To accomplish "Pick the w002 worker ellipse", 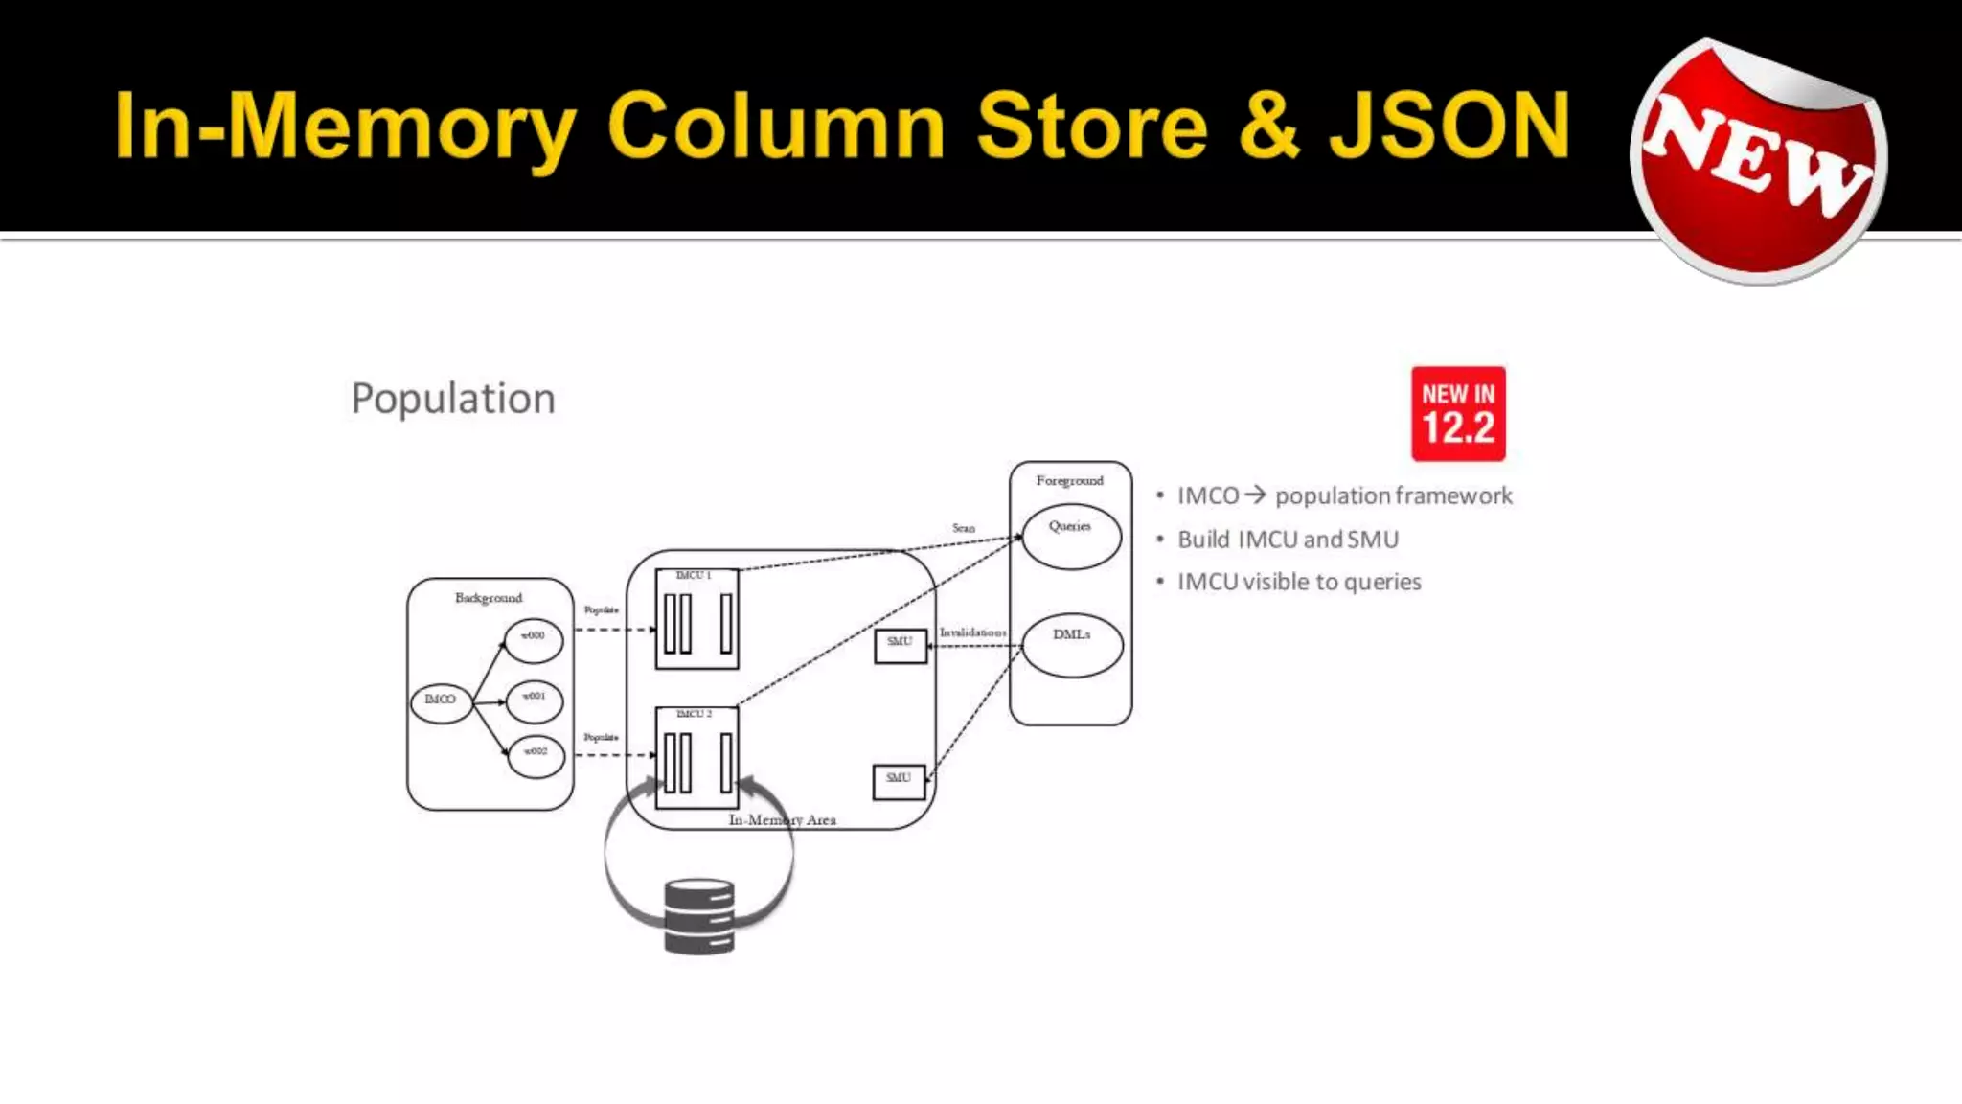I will coord(536,755).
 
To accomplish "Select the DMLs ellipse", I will coord(1072,645).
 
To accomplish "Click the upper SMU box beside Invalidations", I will coord(901,646).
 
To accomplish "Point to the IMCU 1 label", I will coord(694,575).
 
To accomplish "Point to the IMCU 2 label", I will coord(695,714).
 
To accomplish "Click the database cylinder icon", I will coord(699,917).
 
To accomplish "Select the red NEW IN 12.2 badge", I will coord(1458,414).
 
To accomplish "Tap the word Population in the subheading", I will coord(453,399).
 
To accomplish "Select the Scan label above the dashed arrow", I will coord(964,528).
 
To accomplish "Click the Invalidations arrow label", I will coord(973,632).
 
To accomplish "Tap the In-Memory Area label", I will coord(782,820).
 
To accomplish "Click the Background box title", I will coord(489,598).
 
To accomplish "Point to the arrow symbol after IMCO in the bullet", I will coord(1256,495).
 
